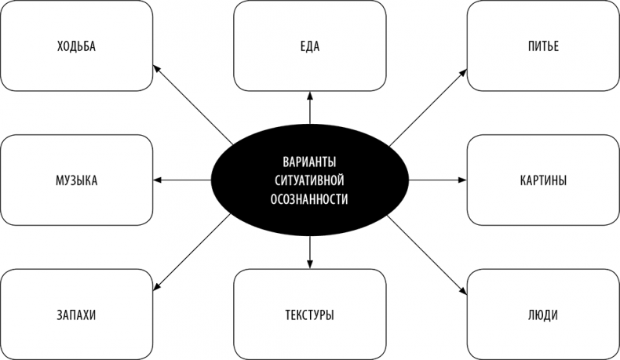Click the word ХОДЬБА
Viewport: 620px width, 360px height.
tap(76, 46)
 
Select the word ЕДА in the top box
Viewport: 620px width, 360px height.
tap(310, 46)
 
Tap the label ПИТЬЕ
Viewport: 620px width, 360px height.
tap(543, 46)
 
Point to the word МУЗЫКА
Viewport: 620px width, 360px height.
tap(76, 180)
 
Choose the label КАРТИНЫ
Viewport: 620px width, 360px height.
tap(543, 180)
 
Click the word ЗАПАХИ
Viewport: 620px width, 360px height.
tap(76, 315)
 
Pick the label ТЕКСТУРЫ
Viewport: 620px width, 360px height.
tap(310, 315)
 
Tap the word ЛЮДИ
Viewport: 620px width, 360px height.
tap(543, 315)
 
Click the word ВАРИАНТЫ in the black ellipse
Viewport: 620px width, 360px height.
tap(310, 162)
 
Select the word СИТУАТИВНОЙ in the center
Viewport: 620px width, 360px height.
tap(310, 180)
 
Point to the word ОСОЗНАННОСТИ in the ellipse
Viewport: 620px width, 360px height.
tap(310, 199)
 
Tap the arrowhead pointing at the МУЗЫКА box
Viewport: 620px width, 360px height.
tap(157, 180)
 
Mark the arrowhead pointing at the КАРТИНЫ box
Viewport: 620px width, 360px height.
tap(463, 180)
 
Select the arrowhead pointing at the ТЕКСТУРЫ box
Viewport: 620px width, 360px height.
tap(310, 264)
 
